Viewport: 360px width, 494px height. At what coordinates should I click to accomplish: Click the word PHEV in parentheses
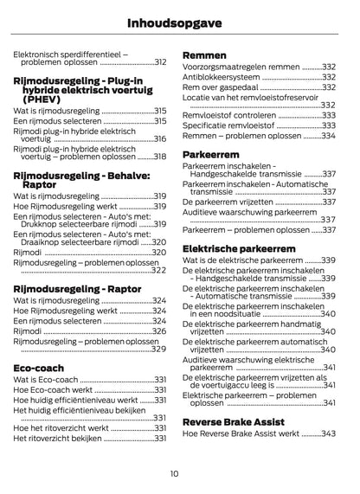click(37, 100)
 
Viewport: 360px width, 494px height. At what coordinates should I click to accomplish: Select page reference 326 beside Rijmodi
click(159, 331)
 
